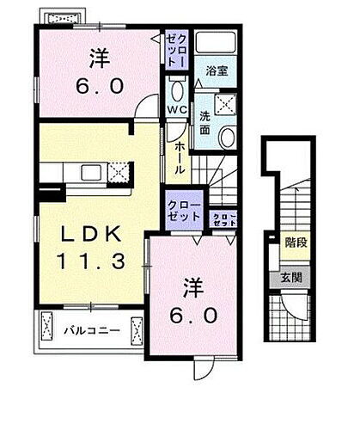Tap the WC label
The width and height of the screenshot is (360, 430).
coord(175,111)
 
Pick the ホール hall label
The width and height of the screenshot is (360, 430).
coord(179,158)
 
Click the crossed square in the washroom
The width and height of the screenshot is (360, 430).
coord(227,104)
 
